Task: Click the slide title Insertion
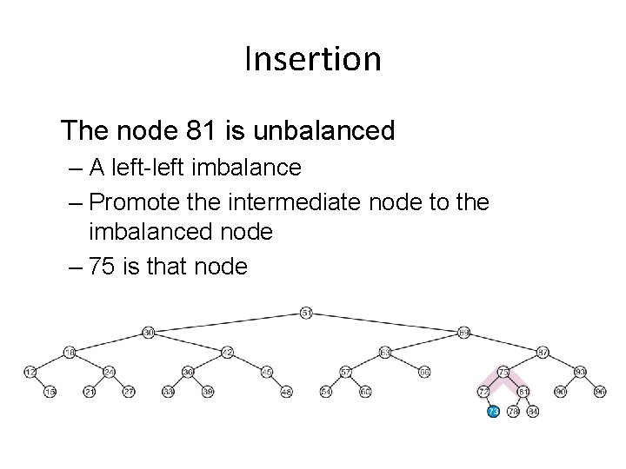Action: pyautogui.click(x=313, y=59)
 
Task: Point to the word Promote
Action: pyautogui.click(x=134, y=201)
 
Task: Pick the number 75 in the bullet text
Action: pyautogui.click(x=104, y=266)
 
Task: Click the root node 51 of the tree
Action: pyautogui.click(x=306, y=312)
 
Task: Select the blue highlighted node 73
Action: pyautogui.click(x=493, y=411)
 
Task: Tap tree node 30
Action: pyautogui.click(x=149, y=332)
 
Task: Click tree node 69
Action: pyautogui.click(x=464, y=332)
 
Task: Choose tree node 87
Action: pyautogui.click(x=543, y=352)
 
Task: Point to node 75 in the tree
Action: pyautogui.click(x=503, y=372)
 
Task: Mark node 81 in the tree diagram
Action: pyautogui.click(x=523, y=392)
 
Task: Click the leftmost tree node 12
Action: pyautogui.click(x=30, y=372)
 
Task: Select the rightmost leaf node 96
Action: pyautogui.click(x=600, y=392)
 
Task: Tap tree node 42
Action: pyautogui.click(x=227, y=352)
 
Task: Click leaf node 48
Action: pyautogui.click(x=286, y=392)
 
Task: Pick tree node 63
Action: pyautogui.click(x=385, y=352)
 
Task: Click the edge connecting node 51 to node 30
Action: pyautogui.click(x=228, y=321)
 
